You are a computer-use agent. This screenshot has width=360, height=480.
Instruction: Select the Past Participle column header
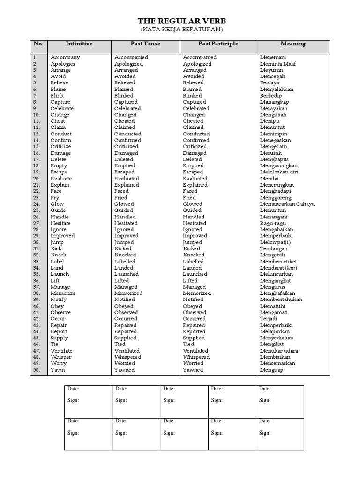[x=218, y=44]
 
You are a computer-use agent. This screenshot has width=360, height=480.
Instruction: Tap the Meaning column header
[x=293, y=44]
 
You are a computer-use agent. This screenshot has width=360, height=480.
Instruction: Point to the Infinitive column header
[x=79, y=44]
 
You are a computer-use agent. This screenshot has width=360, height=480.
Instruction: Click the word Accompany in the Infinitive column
[x=65, y=57]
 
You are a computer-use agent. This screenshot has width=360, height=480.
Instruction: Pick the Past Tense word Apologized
[x=128, y=64]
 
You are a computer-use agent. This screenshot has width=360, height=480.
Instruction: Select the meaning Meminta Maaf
[x=278, y=64]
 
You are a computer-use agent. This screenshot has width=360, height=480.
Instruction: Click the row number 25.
[x=37, y=210]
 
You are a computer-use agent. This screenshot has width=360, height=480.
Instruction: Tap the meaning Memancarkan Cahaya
[x=287, y=204]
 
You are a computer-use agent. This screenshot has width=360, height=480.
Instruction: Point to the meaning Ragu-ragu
[x=273, y=223]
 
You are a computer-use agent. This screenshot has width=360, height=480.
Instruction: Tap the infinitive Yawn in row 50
[x=58, y=370]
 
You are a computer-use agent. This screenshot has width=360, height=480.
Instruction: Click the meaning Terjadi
[x=269, y=319]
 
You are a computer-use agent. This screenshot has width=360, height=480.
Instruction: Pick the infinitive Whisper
[x=61, y=357]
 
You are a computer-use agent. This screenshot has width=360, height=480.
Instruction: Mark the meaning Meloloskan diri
[x=279, y=172]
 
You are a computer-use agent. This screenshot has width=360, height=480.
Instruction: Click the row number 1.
[x=35, y=57]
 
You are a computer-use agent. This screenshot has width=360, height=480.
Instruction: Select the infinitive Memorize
[x=63, y=293]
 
